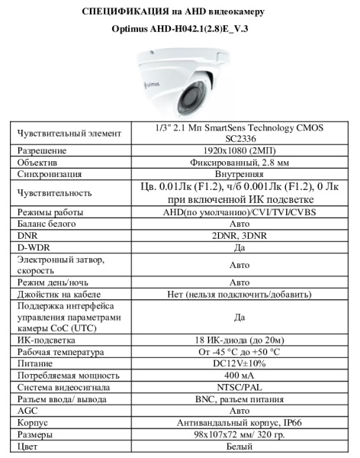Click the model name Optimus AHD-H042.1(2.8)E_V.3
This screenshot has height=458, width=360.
pos(180,31)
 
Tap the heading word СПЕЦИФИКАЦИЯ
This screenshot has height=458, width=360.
pos(123,11)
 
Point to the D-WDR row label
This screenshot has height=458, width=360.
pos(34,247)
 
